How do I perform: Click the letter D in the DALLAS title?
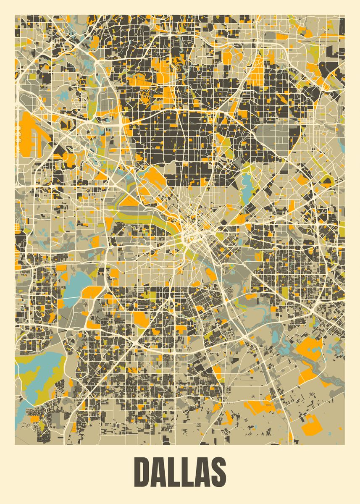click(x=144, y=471)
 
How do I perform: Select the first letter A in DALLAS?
click(x=160, y=471)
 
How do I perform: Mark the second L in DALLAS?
click(x=188, y=471)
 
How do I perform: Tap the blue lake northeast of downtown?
click(x=246, y=185)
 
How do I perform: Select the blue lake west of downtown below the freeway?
click(x=76, y=283)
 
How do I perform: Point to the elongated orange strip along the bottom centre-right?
click(x=260, y=407)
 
